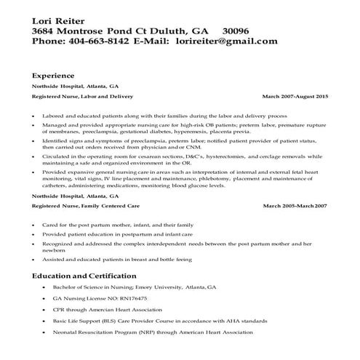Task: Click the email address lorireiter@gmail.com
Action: (x=226, y=41)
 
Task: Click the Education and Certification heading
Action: (x=84, y=276)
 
